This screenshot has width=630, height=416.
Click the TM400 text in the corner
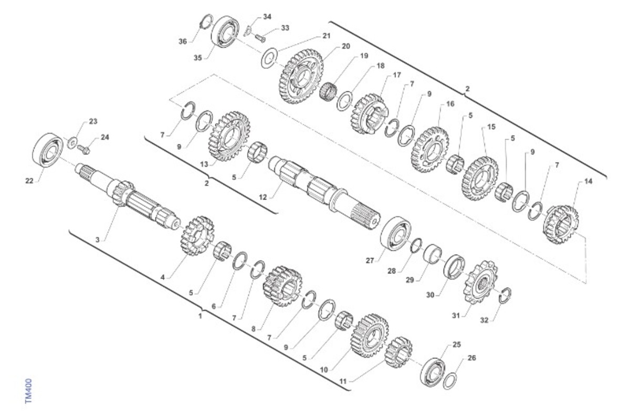coord(28,391)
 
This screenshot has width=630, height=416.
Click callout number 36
coord(183,41)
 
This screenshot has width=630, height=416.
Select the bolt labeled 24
coord(83,149)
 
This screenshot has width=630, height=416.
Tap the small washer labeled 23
coord(72,143)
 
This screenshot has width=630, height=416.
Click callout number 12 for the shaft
coord(262,197)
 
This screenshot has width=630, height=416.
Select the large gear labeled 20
coord(301,76)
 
